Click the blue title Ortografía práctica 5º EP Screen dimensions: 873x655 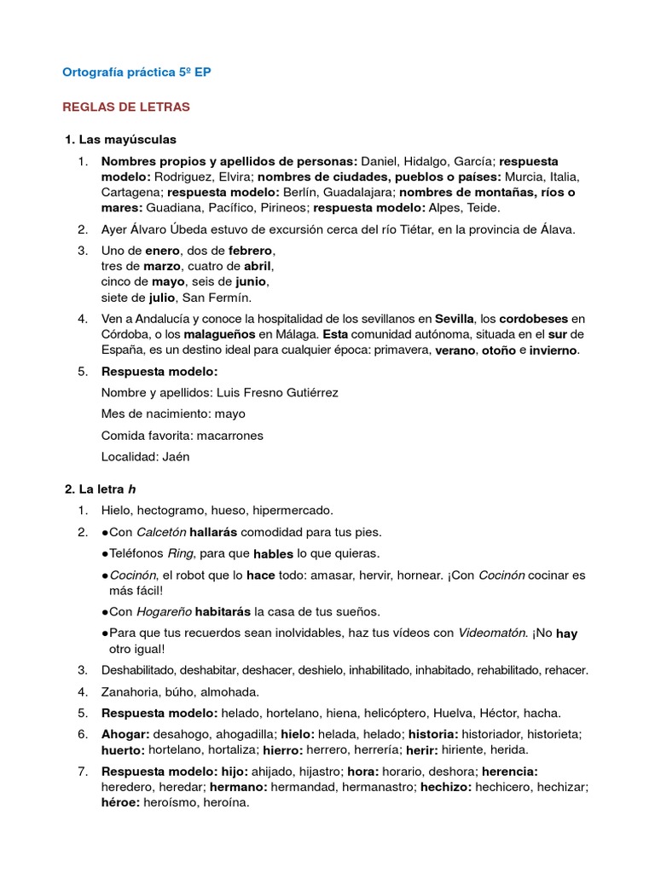click(136, 72)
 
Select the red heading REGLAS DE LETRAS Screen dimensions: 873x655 click(126, 107)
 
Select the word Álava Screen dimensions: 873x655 click(553, 228)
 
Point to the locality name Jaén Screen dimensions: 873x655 click(174, 456)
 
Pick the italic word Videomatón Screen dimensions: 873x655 click(495, 633)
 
